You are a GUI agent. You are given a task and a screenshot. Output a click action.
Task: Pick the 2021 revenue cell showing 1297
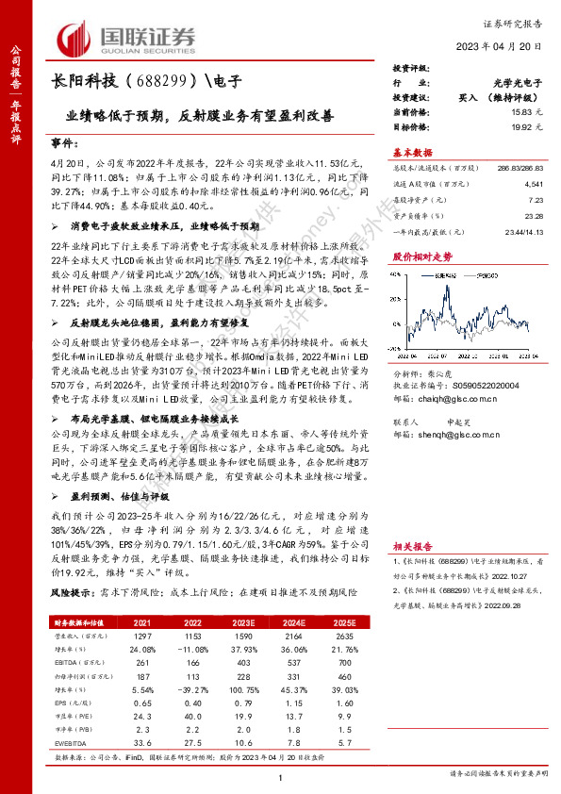(x=140, y=637)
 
